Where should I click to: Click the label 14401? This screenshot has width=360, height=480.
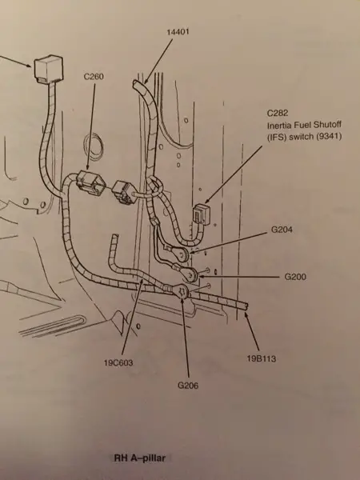point(178,32)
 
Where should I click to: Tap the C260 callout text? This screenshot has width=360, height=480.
point(94,77)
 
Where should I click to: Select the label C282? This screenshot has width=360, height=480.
point(278,114)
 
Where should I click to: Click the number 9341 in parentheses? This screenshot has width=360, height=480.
point(329,136)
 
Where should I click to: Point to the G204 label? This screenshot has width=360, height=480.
point(282,230)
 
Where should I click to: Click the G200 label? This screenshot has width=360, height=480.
point(295,277)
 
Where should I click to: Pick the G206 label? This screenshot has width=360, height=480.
point(188,386)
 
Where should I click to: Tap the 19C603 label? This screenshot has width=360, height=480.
point(118,363)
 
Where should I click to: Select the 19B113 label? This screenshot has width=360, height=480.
point(262,358)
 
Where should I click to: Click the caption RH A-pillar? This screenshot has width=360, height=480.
point(139,458)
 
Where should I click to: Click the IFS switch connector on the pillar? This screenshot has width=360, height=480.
point(200,214)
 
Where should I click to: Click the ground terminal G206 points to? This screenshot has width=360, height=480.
point(181,291)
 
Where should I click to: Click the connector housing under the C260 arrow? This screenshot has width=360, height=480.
point(91,182)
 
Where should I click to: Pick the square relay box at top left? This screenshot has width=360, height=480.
point(48,69)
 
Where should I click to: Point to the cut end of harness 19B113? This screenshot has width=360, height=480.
point(245,306)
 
